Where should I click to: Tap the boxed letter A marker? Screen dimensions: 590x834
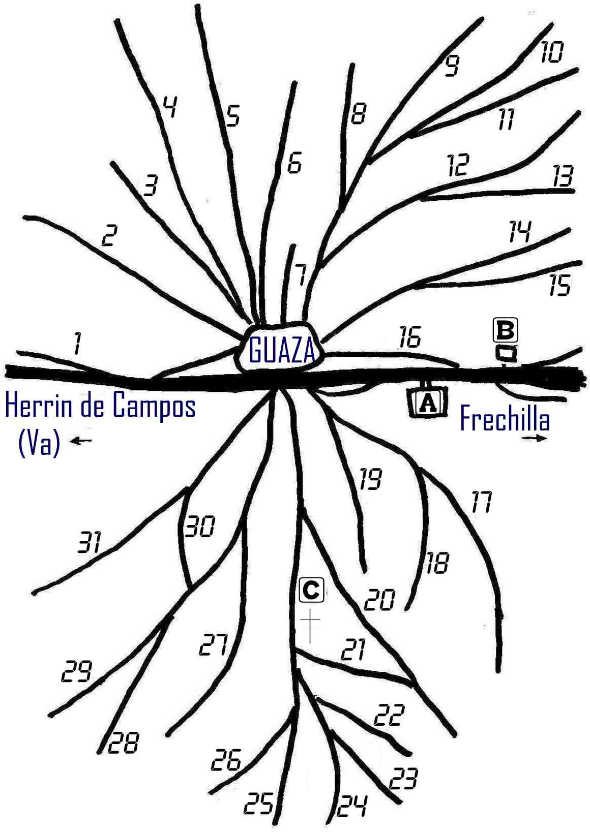coord(428,401)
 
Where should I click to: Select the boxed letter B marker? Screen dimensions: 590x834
coord(505,330)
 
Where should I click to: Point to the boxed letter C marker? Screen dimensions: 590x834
coord(311,590)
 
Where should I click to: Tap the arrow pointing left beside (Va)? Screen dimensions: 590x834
coord(81,441)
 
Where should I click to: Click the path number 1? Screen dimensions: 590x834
coord(77,344)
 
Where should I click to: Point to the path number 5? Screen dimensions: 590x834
coord(232,115)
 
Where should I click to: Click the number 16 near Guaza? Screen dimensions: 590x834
coord(410,336)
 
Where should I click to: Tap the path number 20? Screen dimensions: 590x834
coord(379,600)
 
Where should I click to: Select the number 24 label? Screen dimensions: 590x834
coord(352,806)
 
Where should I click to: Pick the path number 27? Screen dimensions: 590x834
coord(213,645)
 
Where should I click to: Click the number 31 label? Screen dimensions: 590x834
coord(90,542)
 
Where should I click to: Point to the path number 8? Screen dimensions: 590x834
coord(359,113)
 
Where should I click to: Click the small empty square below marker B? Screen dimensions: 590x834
coord(507,353)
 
